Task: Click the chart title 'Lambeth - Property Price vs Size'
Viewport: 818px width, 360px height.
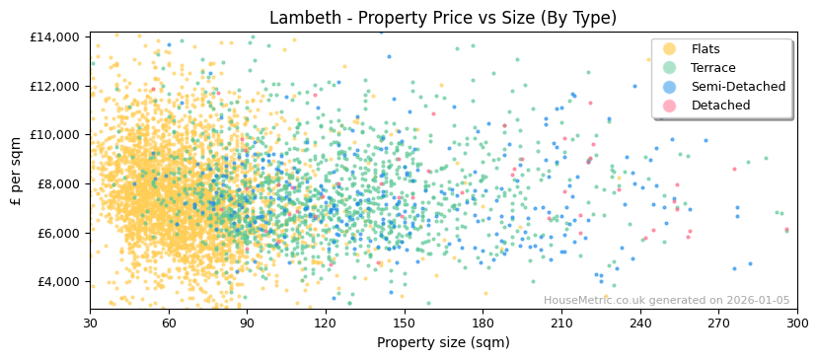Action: pos(443,18)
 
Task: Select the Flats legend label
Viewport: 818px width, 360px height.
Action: pos(706,49)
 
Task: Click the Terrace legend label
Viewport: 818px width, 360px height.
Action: pos(713,68)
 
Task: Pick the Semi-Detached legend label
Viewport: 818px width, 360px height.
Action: pos(738,87)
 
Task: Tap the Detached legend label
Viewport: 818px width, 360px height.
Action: pos(720,106)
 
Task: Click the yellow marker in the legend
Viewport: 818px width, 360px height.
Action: pos(670,49)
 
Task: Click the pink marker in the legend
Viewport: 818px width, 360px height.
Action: pos(670,106)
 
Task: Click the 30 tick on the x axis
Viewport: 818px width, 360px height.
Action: pos(90,323)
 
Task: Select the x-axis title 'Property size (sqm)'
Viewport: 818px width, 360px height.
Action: pos(443,342)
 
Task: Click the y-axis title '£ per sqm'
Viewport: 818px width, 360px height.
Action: pos(17,172)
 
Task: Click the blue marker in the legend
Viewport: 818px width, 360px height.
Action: pos(670,87)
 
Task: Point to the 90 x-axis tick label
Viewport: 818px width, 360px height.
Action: pos(247,323)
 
